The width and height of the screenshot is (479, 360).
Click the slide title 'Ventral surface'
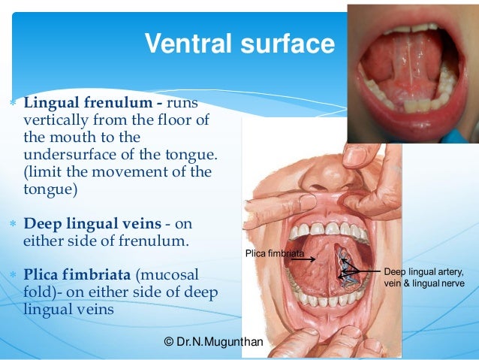(239, 44)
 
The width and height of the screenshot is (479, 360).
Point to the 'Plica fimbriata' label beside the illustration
(275, 254)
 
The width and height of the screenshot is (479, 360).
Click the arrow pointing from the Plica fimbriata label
(304, 259)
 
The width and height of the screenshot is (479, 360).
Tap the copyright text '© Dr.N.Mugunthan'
(213, 342)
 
